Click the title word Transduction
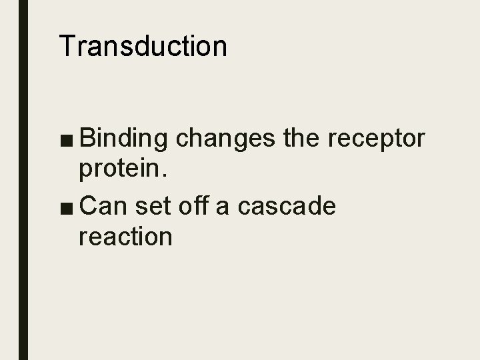[143, 46]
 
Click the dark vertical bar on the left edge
[23, 180]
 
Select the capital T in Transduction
[67, 46]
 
